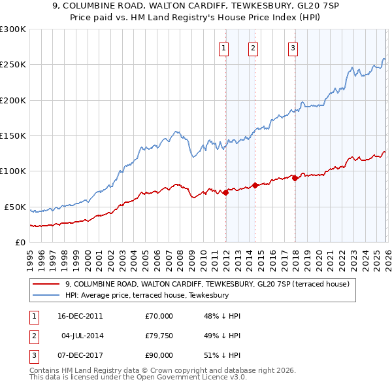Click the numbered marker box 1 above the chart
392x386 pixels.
tap(224, 47)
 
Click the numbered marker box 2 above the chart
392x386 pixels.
tap(253, 47)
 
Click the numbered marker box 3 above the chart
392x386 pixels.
tap(293, 47)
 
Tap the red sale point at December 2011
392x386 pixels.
tap(225, 192)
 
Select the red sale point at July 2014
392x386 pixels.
tap(255, 185)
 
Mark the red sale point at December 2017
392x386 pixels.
tap(295, 178)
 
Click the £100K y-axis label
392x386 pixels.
tap(13, 171)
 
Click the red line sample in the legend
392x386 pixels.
tap(47, 284)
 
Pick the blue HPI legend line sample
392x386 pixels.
tap(47, 295)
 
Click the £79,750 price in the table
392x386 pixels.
tap(159, 336)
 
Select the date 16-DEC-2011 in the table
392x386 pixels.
tap(80, 316)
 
